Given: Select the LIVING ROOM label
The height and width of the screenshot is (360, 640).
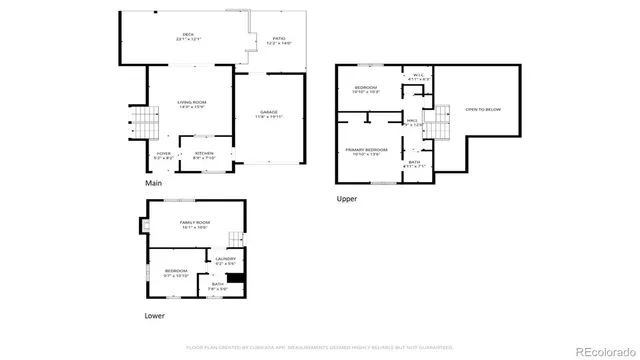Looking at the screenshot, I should point(191,104).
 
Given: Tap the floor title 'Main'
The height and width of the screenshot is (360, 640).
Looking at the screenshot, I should point(153,184).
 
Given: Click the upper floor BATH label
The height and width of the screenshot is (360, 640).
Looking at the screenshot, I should point(414,162).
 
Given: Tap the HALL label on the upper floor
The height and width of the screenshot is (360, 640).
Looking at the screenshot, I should point(411,122).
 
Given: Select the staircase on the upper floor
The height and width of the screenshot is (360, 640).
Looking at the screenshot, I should point(434,127).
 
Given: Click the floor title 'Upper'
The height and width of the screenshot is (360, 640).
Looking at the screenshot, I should point(346,198).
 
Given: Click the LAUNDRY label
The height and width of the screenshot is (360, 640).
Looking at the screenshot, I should point(226,261).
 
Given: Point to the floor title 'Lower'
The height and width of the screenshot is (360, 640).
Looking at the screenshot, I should point(155,316).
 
